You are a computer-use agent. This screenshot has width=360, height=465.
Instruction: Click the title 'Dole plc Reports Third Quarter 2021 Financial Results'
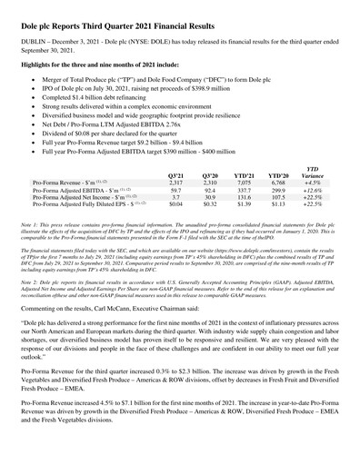coord(135,16)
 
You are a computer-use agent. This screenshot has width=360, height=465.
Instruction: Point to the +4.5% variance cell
coord(337,183)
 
